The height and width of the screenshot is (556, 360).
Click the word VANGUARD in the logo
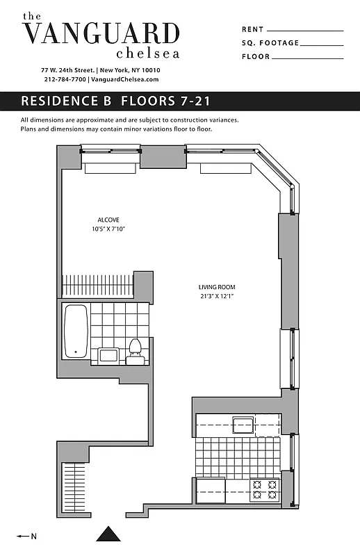coord(101,33)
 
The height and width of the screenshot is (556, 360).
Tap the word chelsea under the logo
coord(148,54)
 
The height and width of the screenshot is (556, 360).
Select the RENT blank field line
coord(304,31)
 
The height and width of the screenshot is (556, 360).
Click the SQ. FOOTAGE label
coord(270,43)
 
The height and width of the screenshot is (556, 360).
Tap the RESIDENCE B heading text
coord(67,101)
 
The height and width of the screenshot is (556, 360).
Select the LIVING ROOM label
coord(217,287)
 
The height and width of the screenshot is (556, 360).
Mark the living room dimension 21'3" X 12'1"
coord(217,296)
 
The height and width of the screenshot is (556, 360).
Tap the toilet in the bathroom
coord(136,351)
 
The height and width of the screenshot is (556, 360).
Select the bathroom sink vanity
coord(108,356)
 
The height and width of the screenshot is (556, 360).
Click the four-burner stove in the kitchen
coord(264,489)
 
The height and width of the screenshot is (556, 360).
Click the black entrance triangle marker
coord(108,533)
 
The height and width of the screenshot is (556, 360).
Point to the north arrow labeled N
coord(26,536)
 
